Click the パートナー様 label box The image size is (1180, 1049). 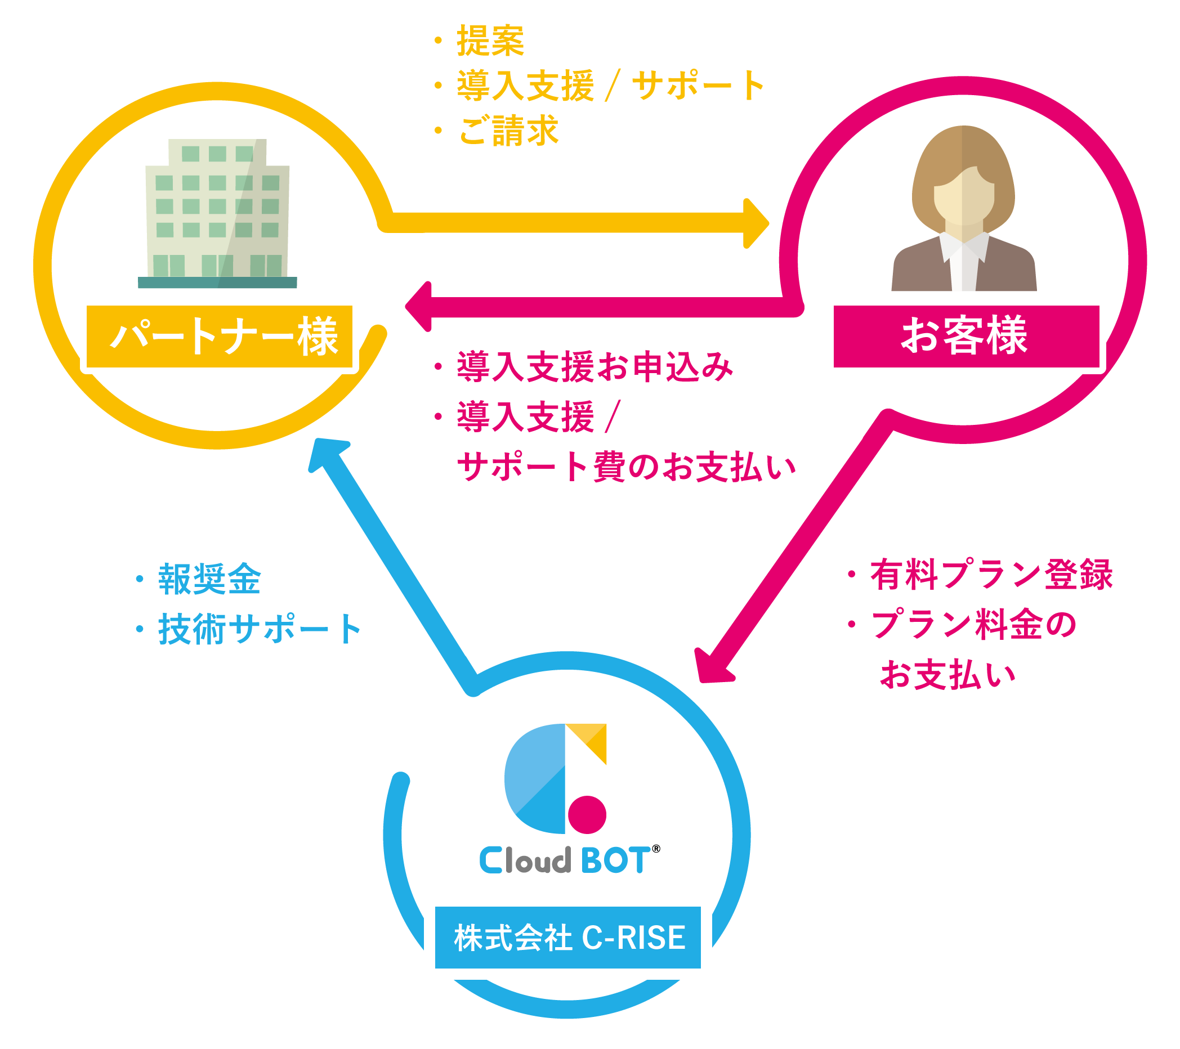click(x=220, y=337)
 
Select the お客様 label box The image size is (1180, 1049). click(x=966, y=336)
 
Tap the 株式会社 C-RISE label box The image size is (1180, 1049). click(x=567, y=938)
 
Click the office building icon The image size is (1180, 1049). click(x=218, y=213)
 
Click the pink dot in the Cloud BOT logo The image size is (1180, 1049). click(x=587, y=815)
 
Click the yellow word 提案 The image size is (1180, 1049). click(x=490, y=41)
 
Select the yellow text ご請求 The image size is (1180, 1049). click(x=508, y=131)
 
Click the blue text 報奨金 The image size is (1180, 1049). click(x=209, y=579)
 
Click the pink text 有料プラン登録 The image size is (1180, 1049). click(x=991, y=575)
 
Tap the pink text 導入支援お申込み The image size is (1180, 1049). click(x=595, y=367)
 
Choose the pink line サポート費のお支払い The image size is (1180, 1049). click(x=627, y=467)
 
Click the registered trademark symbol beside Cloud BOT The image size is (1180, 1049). click(x=656, y=849)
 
